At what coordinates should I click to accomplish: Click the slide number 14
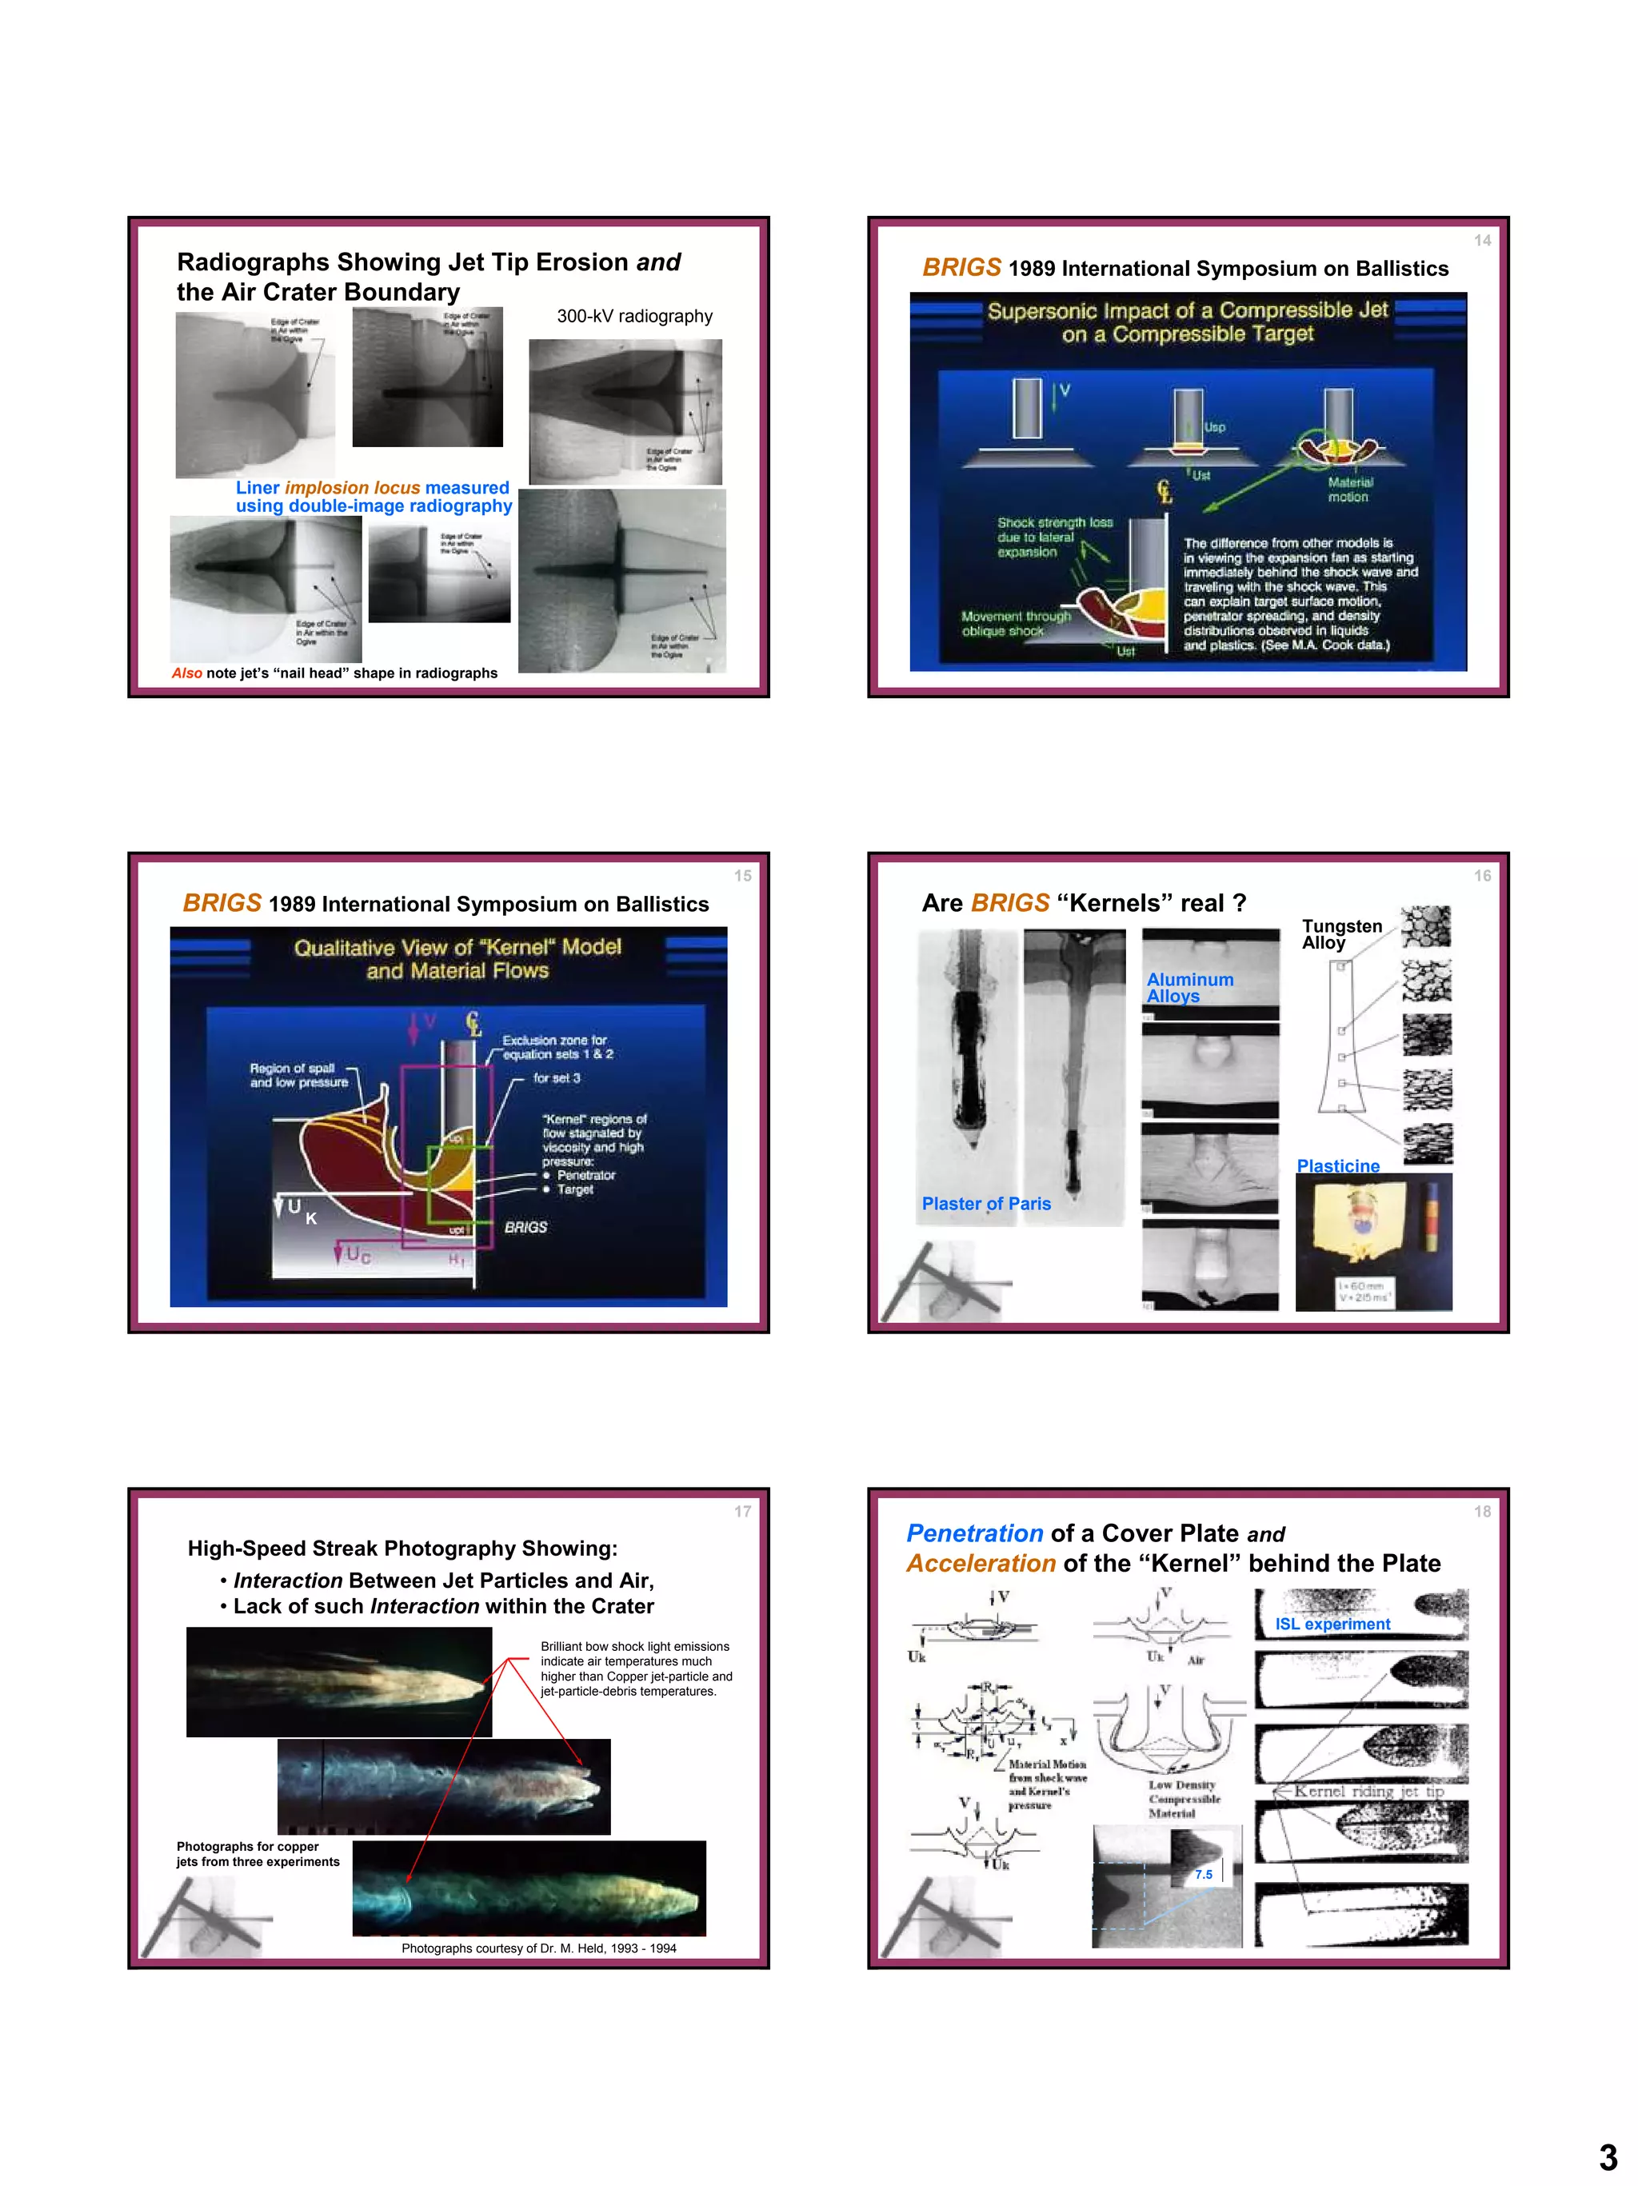[1482, 240]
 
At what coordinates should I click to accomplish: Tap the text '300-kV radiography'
[634, 316]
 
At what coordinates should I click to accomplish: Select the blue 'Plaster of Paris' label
[986, 1204]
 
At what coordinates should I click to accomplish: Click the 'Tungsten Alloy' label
[1340, 934]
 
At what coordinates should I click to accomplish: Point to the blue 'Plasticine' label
[1337, 1166]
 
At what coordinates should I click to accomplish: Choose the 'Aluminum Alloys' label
[1189, 987]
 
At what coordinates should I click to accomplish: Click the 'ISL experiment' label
[1332, 1624]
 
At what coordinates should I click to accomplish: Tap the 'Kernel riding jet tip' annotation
[1368, 1791]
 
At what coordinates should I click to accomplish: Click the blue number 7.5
[1204, 1874]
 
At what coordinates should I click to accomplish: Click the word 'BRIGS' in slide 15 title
[222, 903]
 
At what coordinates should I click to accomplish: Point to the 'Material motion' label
[1349, 490]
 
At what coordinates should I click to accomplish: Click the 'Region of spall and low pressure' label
[298, 1075]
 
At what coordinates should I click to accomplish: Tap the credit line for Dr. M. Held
[538, 1948]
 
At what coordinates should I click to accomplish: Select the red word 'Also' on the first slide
[186, 673]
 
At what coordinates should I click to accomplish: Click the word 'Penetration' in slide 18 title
[974, 1534]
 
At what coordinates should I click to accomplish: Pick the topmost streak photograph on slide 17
[339, 1682]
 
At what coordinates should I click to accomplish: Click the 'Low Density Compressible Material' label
[1184, 1799]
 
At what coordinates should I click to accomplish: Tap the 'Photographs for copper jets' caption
[257, 1854]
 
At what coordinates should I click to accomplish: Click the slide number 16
[1482, 876]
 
